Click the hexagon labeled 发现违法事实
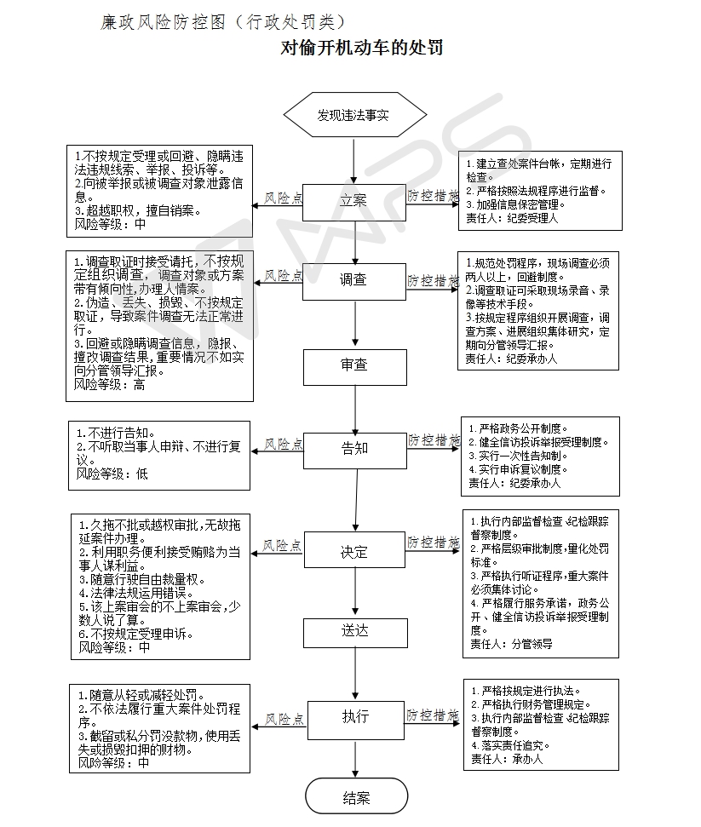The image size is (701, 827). (353, 114)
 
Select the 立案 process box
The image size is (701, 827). (353, 201)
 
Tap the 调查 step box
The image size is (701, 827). (353, 280)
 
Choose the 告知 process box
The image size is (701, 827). (354, 448)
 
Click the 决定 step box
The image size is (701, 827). (354, 552)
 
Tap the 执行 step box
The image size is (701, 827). (354, 716)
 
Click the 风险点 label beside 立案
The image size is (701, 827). (283, 198)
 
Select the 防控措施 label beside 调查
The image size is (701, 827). (433, 279)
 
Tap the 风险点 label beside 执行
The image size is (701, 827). (284, 720)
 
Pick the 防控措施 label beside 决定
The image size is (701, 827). (433, 543)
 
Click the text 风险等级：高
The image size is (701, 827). (109, 385)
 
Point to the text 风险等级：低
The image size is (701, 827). (112, 474)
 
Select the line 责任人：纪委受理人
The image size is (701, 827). (511, 218)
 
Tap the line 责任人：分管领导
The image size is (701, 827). (511, 644)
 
